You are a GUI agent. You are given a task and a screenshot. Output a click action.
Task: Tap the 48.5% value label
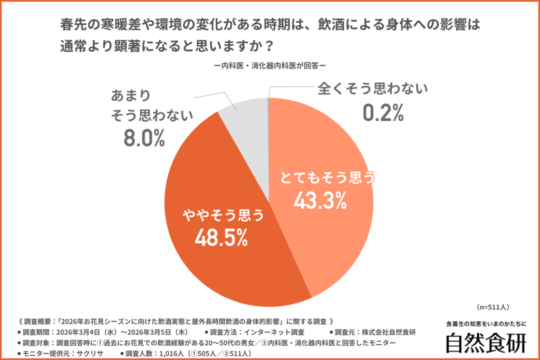pyautogui.click(x=221, y=238)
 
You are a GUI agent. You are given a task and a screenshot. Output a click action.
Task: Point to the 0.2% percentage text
pyautogui.click(x=383, y=112)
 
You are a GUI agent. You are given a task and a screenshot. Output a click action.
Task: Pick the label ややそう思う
pyautogui.click(x=222, y=215)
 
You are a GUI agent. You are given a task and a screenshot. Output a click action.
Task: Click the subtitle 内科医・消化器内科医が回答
pyautogui.click(x=269, y=66)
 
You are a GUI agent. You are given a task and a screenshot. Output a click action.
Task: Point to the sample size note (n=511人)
pyautogui.click(x=493, y=306)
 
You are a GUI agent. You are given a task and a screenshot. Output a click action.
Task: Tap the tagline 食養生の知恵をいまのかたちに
pyautogui.click(x=486, y=324)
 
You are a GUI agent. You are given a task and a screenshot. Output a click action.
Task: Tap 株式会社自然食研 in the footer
pyautogui.click(x=390, y=332)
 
